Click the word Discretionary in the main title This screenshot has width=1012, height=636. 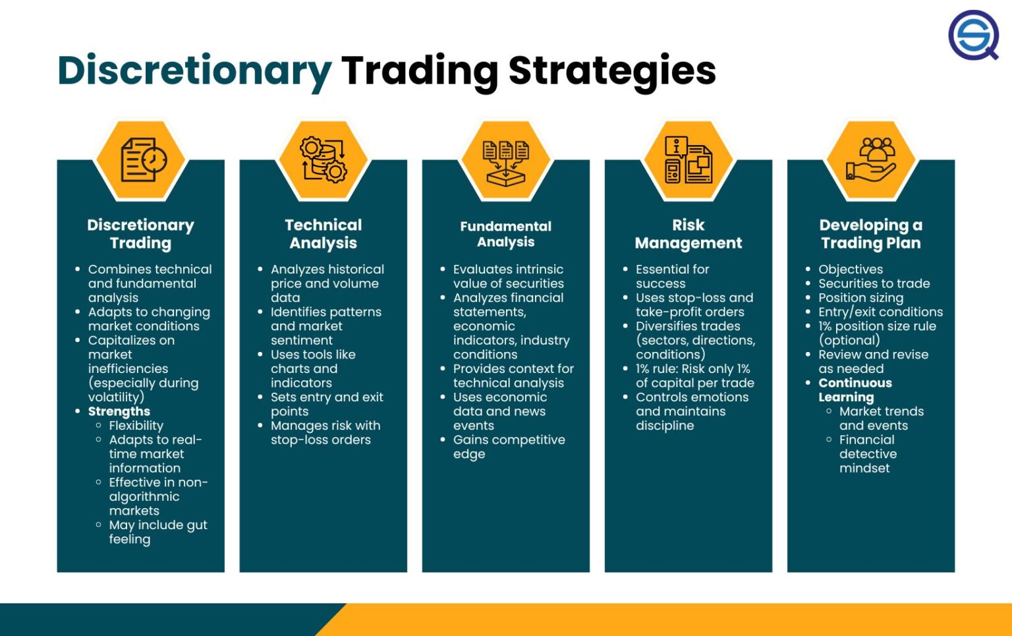(194, 71)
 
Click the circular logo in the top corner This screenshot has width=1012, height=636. (973, 35)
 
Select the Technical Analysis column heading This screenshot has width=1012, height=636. (323, 234)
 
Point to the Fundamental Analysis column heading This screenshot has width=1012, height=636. (505, 234)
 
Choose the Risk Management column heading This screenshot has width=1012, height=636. (688, 234)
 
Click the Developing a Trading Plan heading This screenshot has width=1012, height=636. (870, 234)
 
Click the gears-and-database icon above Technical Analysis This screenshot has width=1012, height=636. (323, 160)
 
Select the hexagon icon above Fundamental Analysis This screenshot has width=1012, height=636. (506, 160)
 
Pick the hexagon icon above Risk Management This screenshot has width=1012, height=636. (689, 160)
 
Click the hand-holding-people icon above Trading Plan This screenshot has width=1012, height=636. (871, 160)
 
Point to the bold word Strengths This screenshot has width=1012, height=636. (119, 411)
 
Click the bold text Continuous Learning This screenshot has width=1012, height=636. (855, 390)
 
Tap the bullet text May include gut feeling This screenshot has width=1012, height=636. (157, 532)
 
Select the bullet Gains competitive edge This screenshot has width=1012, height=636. (509, 447)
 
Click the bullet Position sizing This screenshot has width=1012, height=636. (860, 298)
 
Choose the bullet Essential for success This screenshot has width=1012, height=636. (672, 276)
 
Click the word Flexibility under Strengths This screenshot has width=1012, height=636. (136, 426)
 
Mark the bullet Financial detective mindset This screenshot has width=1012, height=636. (867, 454)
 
